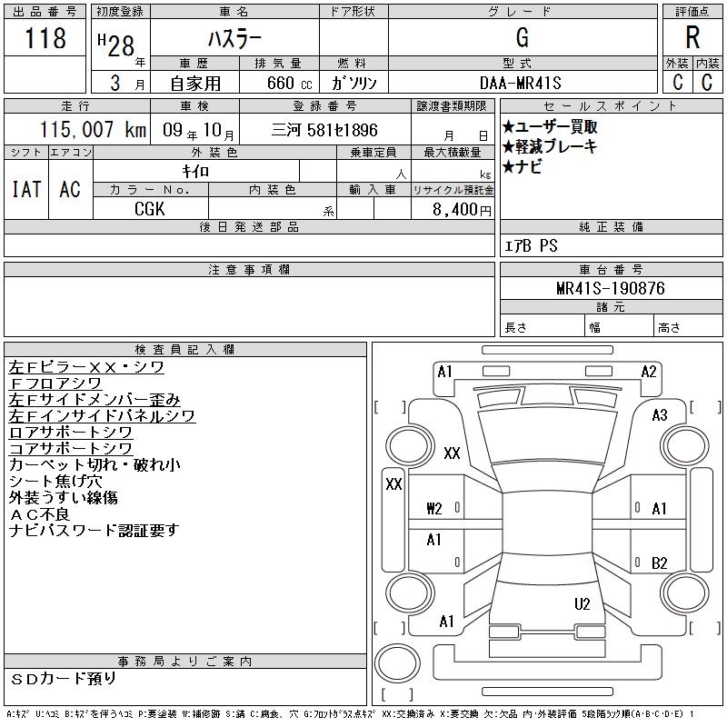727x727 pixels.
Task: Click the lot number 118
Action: click(x=45, y=37)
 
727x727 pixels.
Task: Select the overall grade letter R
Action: click(x=692, y=37)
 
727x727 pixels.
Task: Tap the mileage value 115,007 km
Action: click(x=93, y=129)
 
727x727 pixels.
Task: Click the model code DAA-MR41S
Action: click(x=520, y=83)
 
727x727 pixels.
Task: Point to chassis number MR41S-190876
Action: click(x=611, y=288)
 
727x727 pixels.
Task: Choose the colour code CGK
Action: click(x=149, y=209)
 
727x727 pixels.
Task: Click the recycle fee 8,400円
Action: click(x=462, y=210)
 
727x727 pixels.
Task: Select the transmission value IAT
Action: click(x=26, y=189)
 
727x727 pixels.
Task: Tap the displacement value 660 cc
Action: click(x=289, y=83)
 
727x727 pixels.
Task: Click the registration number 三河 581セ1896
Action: click(x=324, y=130)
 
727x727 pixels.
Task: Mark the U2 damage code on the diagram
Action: click(x=582, y=603)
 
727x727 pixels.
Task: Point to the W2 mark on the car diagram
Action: click(x=434, y=509)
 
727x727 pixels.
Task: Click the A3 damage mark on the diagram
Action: click(x=660, y=415)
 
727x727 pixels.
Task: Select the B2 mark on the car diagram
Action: click(x=660, y=563)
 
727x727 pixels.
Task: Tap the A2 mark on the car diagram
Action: click(x=649, y=372)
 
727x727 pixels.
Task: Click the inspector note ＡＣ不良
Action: click(x=39, y=513)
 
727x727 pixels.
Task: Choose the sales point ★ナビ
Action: click(x=522, y=166)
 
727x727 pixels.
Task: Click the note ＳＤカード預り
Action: click(x=63, y=678)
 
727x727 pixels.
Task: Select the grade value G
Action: click(x=523, y=37)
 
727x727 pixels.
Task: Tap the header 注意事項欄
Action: click(x=249, y=269)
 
